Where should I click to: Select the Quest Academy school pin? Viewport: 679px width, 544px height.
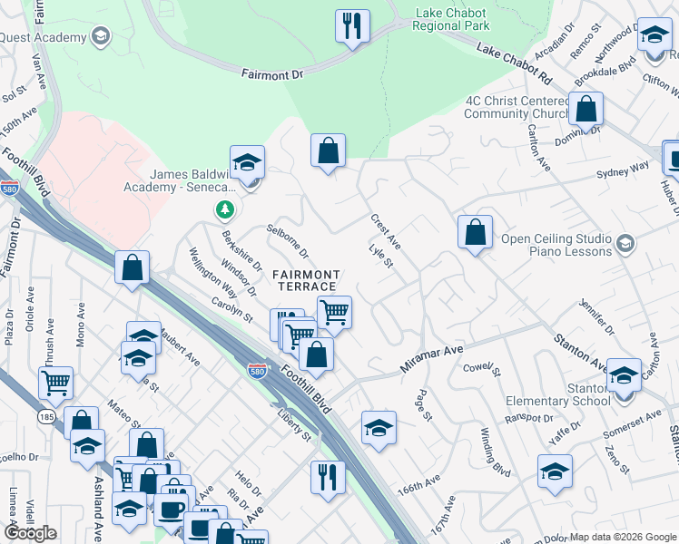100,37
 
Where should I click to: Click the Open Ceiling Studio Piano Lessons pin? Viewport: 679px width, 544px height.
625,244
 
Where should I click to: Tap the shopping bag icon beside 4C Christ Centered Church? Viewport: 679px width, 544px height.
586,110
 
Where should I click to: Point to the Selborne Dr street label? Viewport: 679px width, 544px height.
288,240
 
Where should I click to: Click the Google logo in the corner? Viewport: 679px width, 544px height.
31,533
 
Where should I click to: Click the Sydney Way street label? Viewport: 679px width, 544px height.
623,170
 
